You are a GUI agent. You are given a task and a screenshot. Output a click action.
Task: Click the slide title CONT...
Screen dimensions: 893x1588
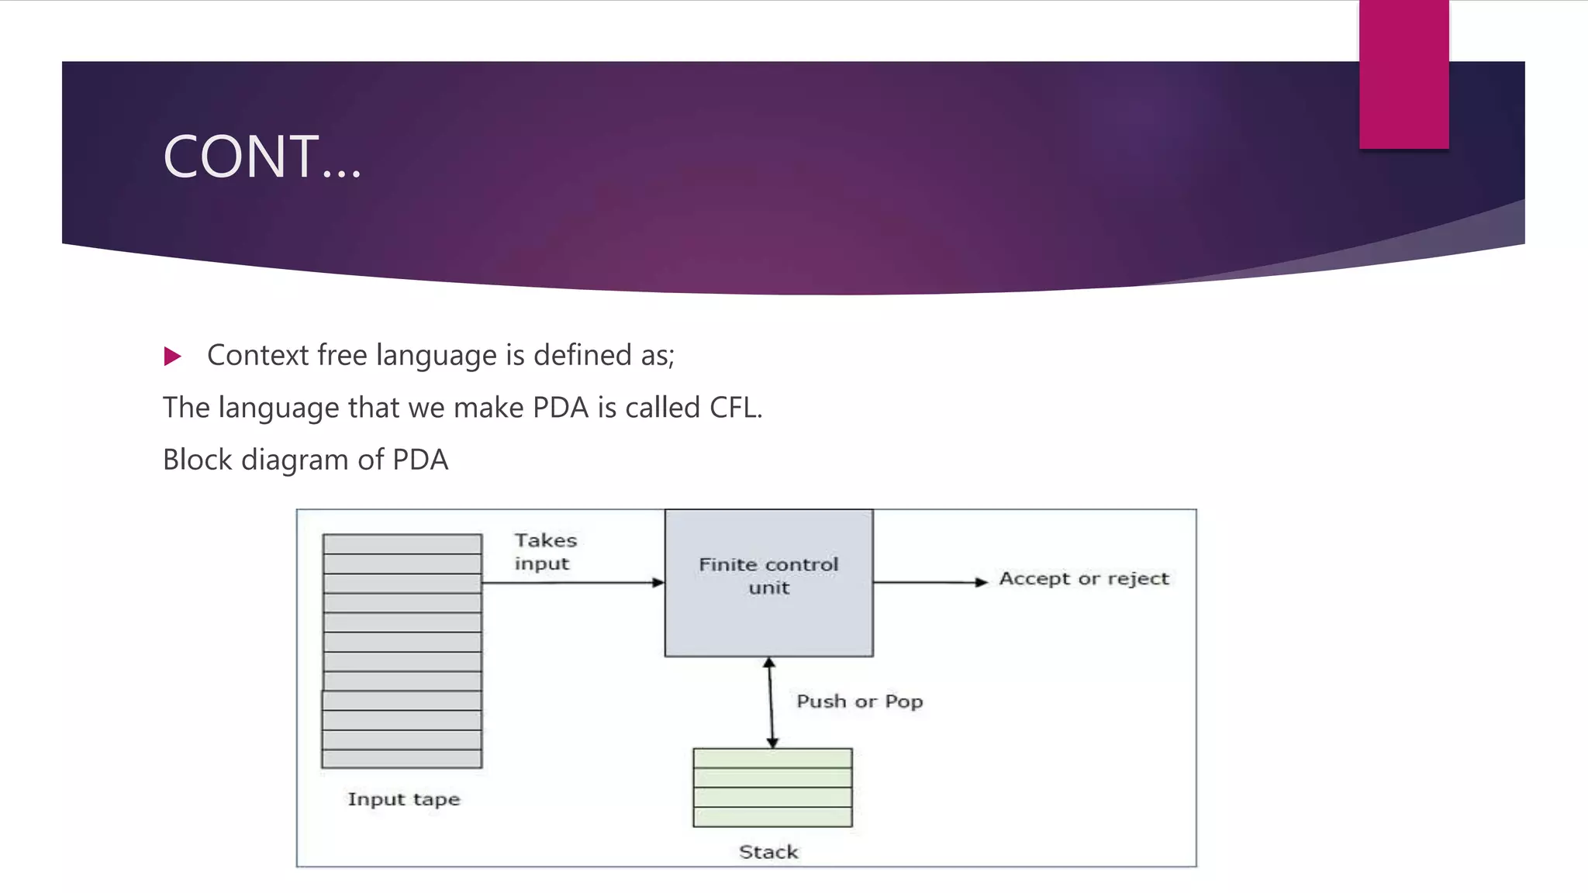pyautogui.click(x=262, y=157)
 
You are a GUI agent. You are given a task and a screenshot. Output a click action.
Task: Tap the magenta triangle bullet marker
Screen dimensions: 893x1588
pyautogui.click(x=172, y=357)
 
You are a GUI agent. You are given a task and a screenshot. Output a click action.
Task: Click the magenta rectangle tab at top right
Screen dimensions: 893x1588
pyautogui.click(x=1403, y=74)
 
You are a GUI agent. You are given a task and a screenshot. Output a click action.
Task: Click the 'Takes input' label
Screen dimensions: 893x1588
pyautogui.click(x=545, y=552)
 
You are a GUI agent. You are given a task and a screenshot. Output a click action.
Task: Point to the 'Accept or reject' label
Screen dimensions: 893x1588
pyautogui.click(x=1083, y=579)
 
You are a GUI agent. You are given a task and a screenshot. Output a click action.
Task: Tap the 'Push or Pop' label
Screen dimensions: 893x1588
pyautogui.click(x=859, y=702)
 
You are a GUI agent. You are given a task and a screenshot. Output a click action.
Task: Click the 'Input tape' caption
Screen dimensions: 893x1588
pyautogui.click(x=403, y=799)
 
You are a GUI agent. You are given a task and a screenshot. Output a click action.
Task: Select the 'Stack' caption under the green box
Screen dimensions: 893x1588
pyautogui.click(x=768, y=852)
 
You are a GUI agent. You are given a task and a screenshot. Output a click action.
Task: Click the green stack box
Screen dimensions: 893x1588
pyautogui.click(x=772, y=788)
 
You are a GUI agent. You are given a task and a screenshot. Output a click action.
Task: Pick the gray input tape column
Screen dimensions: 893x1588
pyautogui.click(x=402, y=651)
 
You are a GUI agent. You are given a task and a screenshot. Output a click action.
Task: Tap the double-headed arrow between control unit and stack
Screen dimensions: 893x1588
pyautogui.click(x=771, y=702)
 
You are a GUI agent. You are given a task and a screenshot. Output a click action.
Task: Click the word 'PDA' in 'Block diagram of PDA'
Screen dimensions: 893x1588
pyautogui.click(x=419, y=460)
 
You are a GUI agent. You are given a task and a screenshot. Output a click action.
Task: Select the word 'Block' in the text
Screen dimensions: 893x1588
pyautogui.click(x=198, y=460)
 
